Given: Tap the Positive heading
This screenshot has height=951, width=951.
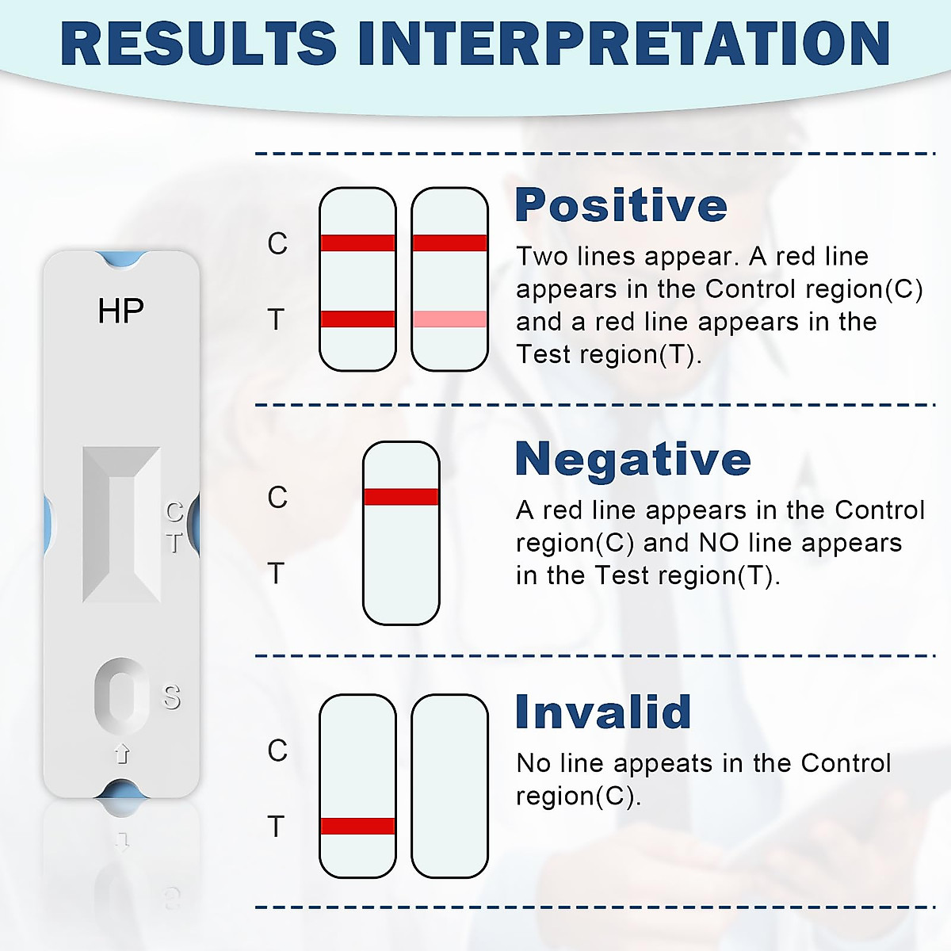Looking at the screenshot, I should [621, 205].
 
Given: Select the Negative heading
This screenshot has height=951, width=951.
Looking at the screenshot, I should [632, 459].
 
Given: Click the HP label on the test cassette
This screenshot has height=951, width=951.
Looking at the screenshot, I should [120, 311].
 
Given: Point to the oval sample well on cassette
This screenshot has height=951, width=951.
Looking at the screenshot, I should [121, 693].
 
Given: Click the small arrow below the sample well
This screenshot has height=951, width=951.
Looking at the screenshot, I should [122, 753].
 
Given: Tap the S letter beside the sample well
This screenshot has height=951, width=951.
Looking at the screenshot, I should [172, 697].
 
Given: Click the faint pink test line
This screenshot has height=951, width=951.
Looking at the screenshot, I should [449, 319].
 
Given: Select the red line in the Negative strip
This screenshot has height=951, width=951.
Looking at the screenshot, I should [401, 497].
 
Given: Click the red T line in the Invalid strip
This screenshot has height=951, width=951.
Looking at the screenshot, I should [357, 826].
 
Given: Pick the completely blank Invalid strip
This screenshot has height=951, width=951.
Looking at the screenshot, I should [449, 786].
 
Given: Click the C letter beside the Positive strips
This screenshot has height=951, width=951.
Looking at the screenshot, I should [277, 244].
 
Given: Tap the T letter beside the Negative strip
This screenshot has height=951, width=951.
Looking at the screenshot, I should [276, 573].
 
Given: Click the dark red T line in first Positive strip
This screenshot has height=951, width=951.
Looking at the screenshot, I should [357, 319].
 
